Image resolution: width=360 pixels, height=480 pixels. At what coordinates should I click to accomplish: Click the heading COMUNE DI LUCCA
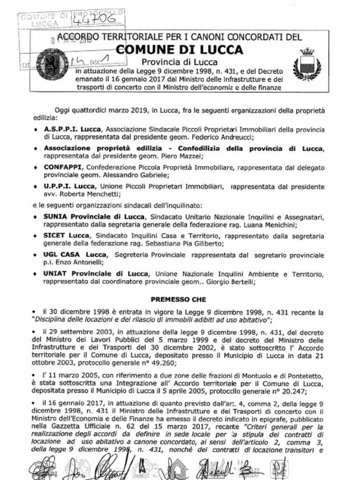[x=179, y=50]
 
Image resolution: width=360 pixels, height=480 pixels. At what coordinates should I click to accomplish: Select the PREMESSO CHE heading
[x=178, y=299]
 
